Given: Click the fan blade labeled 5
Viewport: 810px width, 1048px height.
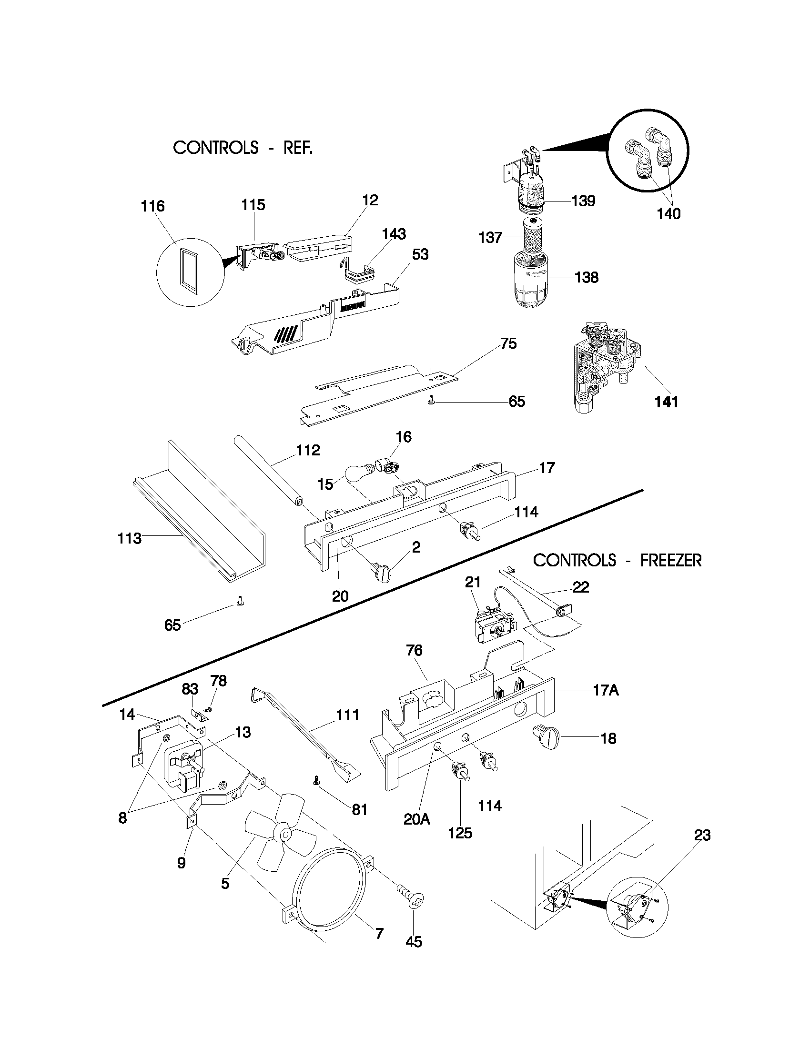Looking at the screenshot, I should [282, 834].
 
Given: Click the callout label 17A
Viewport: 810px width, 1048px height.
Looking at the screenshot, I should [606, 690].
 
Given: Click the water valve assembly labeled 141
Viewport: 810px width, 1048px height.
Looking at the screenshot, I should [601, 368].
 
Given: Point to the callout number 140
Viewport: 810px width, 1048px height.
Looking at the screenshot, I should [668, 213].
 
